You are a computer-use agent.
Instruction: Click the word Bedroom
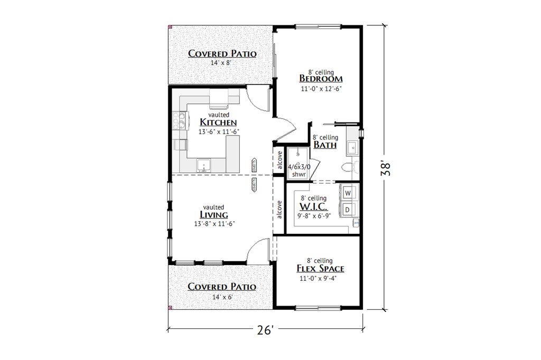tap(321, 79)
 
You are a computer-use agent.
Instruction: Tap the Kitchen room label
tap(214, 122)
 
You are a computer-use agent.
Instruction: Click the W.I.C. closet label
tap(313, 206)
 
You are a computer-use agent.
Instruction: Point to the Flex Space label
tap(320, 269)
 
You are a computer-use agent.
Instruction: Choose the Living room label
tap(214, 215)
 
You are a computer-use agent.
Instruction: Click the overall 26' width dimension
tap(265, 331)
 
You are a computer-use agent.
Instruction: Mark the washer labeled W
tap(348, 193)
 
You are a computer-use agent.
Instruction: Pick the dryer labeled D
tap(348, 210)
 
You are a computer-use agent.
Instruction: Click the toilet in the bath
tap(350, 167)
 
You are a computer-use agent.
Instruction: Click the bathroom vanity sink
tap(352, 147)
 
